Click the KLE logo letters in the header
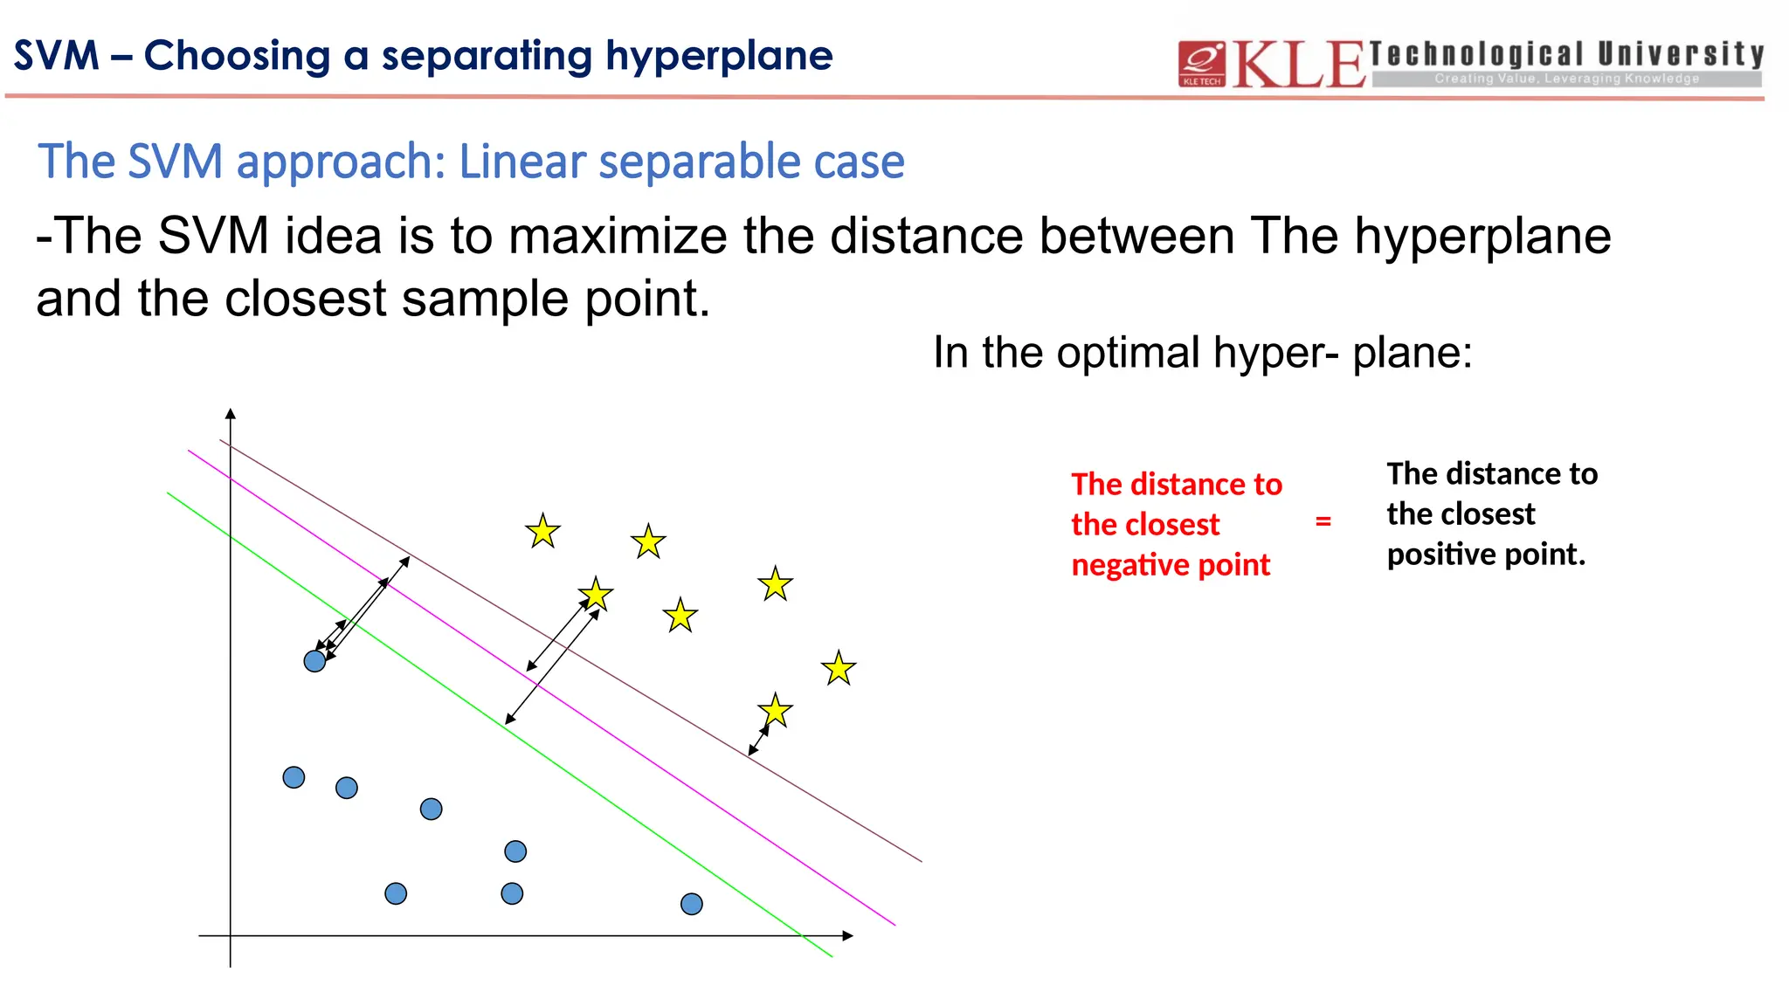click(1298, 65)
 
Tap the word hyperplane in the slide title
click(719, 56)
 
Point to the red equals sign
click(1323, 521)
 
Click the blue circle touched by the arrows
click(314, 661)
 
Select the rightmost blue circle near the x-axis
click(691, 904)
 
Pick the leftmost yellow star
click(542, 531)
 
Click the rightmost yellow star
click(839, 669)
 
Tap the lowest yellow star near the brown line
click(775, 711)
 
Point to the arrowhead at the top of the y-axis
click(231, 413)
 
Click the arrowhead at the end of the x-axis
click(846, 935)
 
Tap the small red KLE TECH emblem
click(1201, 64)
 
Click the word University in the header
click(1681, 54)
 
